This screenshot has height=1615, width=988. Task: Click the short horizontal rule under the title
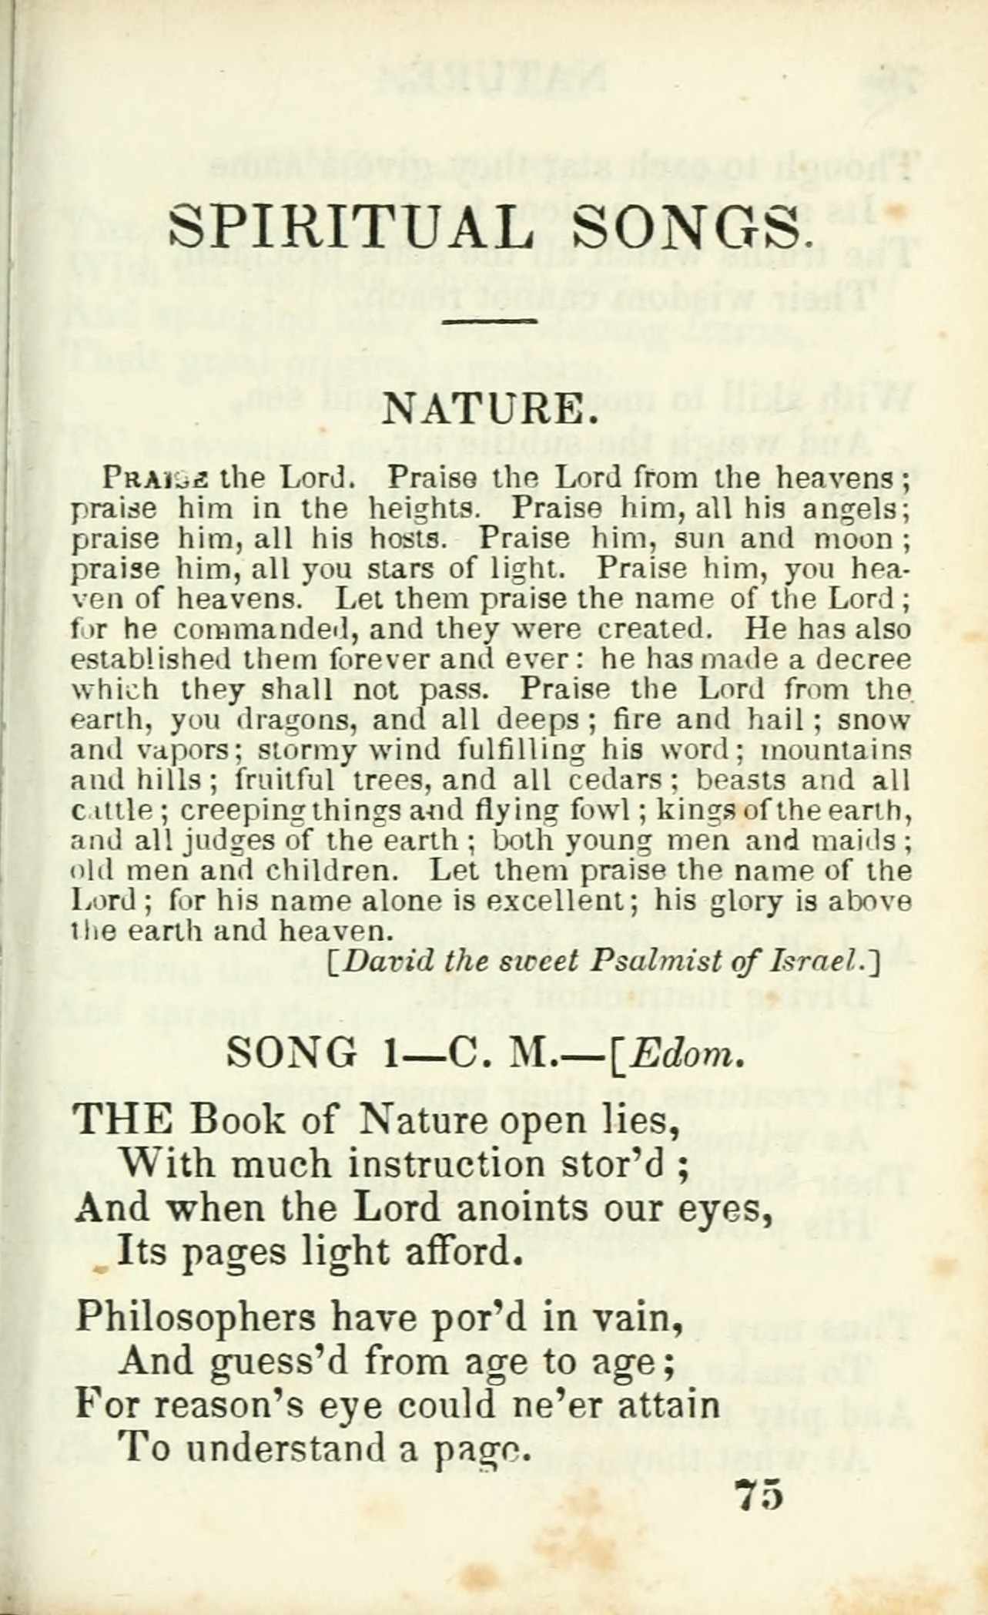pyautogui.click(x=491, y=321)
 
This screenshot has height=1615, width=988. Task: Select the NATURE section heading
pyautogui.click(x=491, y=409)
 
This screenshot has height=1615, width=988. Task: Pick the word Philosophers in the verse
pyautogui.click(x=196, y=1319)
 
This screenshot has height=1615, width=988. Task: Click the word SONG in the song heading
pyautogui.click(x=293, y=1053)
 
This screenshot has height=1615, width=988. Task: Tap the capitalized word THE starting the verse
pyautogui.click(x=122, y=1120)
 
